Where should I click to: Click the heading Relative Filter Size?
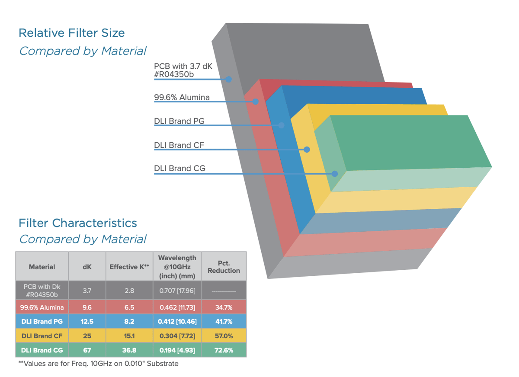(x=72, y=33)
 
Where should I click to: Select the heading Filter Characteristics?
(x=78, y=223)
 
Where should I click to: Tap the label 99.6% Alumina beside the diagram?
(x=182, y=97)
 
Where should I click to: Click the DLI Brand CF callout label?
(x=179, y=145)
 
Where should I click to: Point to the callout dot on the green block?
(x=334, y=174)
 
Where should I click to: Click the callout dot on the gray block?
(x=229, y=79)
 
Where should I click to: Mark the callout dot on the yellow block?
(x=307, y=150)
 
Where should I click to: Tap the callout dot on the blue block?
(x=282, y=125)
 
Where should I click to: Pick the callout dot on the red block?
(x=256, y=102)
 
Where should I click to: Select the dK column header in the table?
(x=87, y=267)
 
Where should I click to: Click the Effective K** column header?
(x=129, y=267)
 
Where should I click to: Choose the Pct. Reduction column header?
(x=224, y=267)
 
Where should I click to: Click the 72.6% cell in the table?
(x=224, y=350)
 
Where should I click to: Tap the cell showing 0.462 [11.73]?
(x=177, y=307)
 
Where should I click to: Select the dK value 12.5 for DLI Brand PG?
(x=87, y=321)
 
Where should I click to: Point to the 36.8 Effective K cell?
(x=129, y=350)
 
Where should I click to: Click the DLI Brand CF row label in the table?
(x=42, y=335)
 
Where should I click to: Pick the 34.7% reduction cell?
(x=224, y=307)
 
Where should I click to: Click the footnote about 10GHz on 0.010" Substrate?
(x=98, y=364)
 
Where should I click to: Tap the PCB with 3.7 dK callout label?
(x=183, y=70)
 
